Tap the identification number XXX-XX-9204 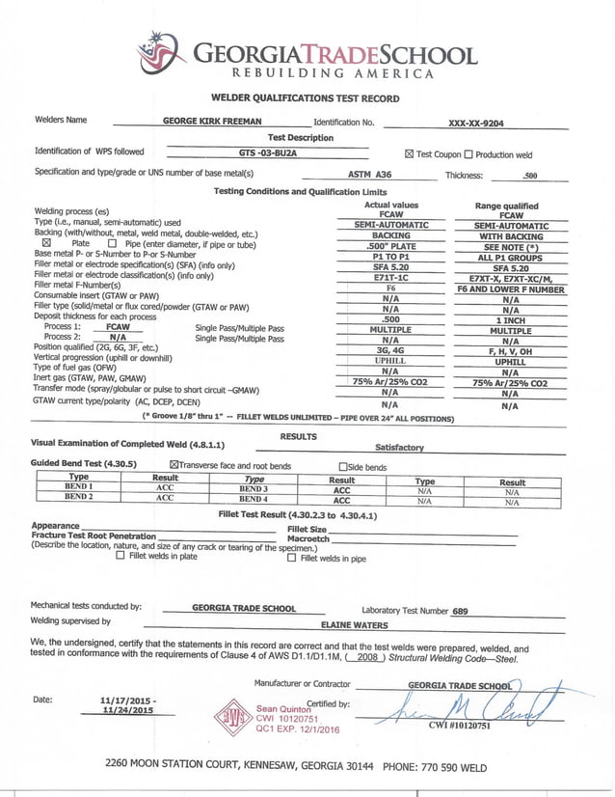[476, 124]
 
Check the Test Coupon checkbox [409, 154]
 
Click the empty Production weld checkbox [468, 154]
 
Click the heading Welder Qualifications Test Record [305, 98]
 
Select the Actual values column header [390, 206]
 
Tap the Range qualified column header [506, 206]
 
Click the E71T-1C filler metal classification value [390, 277]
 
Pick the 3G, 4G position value [390, 350]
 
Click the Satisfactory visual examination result [399, 448]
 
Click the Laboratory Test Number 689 [460, 611]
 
